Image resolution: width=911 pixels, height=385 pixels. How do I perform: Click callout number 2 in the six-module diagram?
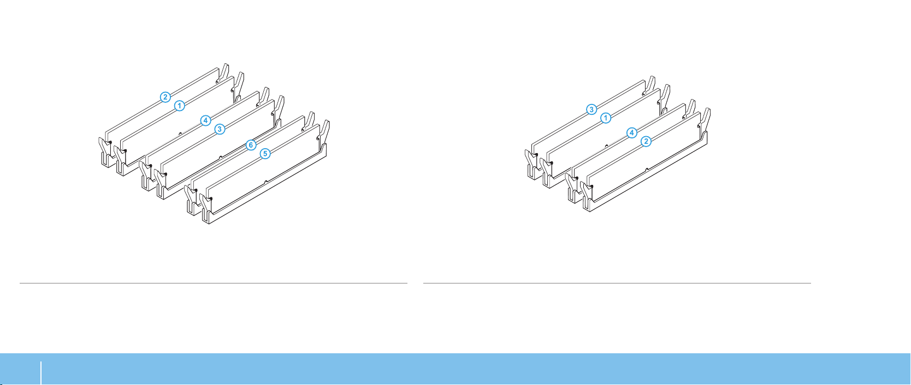(165, 97)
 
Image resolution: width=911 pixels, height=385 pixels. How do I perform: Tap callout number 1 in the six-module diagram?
(179, 105)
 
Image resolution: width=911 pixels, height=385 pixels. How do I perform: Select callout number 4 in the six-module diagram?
(205, 120)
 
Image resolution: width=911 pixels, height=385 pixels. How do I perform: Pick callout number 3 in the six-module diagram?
(220, 129)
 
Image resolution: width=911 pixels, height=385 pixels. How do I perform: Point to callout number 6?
(251, 145)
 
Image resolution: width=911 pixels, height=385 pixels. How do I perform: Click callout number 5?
(265, 154)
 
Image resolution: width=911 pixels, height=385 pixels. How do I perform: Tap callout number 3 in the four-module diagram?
(591, 109)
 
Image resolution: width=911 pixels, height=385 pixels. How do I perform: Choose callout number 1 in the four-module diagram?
(605, 118)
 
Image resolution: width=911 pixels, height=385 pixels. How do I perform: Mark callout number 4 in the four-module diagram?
(631, 132)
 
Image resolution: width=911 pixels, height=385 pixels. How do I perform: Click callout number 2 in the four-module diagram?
(646, 141)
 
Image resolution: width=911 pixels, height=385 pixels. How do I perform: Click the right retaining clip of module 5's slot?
(324, 131)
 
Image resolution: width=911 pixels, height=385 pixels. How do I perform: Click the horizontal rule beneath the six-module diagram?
(213, 283)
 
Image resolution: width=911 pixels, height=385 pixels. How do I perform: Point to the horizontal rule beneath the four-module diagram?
(617, 283)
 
